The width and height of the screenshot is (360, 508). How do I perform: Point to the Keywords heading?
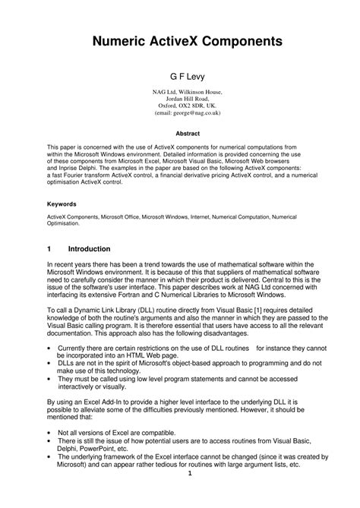(x=62, y=204)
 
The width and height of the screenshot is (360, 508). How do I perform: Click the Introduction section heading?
(x=90, y=248)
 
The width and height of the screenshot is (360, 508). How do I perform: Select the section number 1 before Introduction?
(x=49, y=248)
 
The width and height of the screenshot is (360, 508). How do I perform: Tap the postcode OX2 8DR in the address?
(x=189, y=106)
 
